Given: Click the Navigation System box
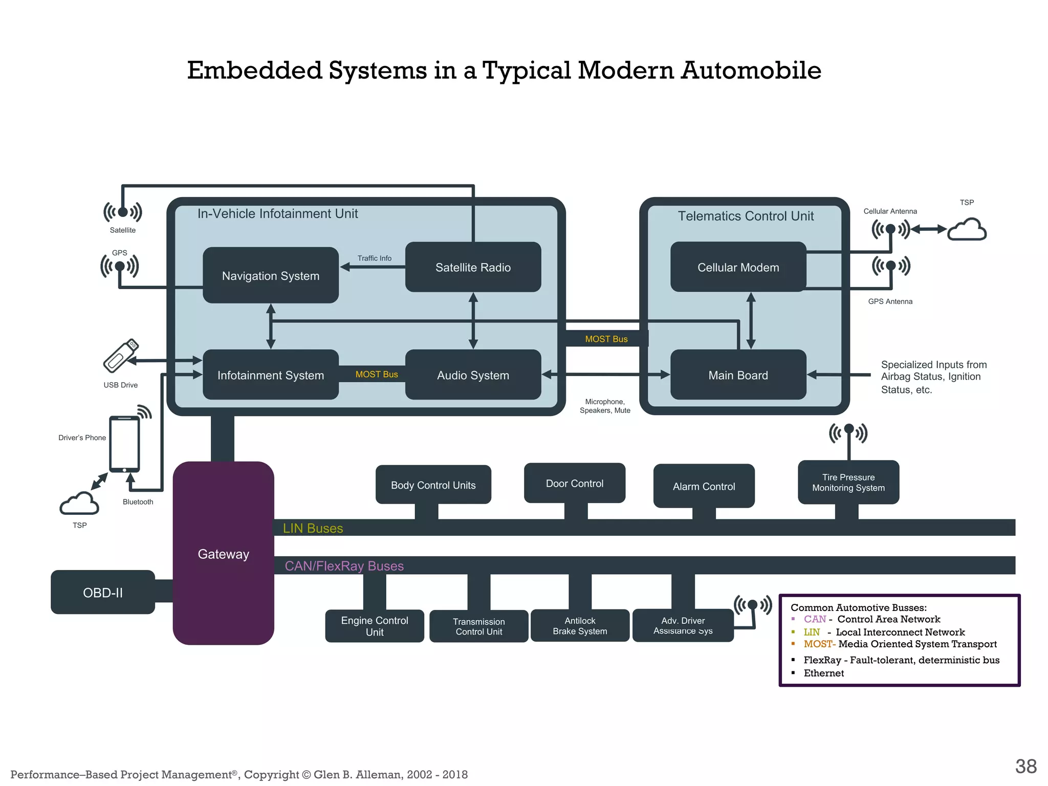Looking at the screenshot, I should tap(271, 275).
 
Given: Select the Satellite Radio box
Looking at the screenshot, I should tap(473, 267).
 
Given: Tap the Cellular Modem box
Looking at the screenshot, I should tap(738, 267).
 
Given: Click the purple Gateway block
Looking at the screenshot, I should tap(223, 554).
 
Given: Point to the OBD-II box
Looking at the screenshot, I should tap(103, 593).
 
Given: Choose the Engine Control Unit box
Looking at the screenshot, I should tap(375, 626).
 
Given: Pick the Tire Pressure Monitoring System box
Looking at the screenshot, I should tap(848, 483).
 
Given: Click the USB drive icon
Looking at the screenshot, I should tap(120, 356).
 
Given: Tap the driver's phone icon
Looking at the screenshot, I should tap(124, 444).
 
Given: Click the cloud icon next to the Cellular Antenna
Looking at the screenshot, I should tap(967, 229).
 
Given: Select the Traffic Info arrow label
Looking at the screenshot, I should tap(374, 258).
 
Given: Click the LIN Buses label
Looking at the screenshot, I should tap(313, 528).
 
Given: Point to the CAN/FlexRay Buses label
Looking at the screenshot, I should tap(344, 566).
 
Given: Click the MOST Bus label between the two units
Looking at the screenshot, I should tap(606, 339).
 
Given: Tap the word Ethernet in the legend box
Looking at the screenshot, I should tap(823, 673).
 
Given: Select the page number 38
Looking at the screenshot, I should tap(1025, 766).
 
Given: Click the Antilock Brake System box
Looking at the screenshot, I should tap(580, 626).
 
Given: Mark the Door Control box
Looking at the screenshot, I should tap(574, 483).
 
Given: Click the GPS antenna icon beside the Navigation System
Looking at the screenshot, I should tap(120, 267).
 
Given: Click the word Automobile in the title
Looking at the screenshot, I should tap(751, 70).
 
